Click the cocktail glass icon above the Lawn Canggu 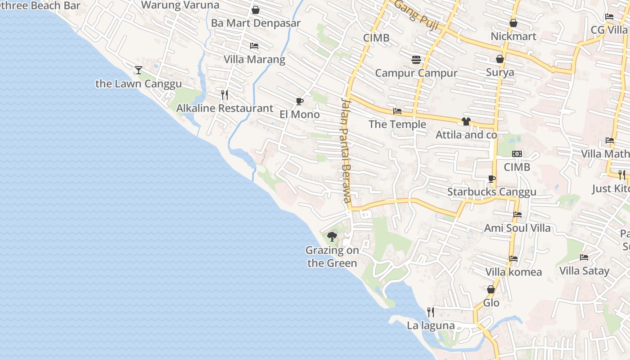139,70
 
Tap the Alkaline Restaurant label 225,108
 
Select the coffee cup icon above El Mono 300,101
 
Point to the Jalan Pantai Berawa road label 346,150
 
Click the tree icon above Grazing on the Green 332,236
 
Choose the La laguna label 431,325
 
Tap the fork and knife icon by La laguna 431,312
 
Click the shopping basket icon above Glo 491,289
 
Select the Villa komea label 513,272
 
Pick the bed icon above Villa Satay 584,257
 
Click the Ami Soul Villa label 517,228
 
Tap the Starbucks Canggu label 491,192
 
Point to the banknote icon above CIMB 517,154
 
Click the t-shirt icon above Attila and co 466,121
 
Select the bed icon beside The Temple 397,111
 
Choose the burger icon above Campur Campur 416,60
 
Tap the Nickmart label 513,36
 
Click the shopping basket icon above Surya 499,59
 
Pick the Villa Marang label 254,59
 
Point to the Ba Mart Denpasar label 256,23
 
